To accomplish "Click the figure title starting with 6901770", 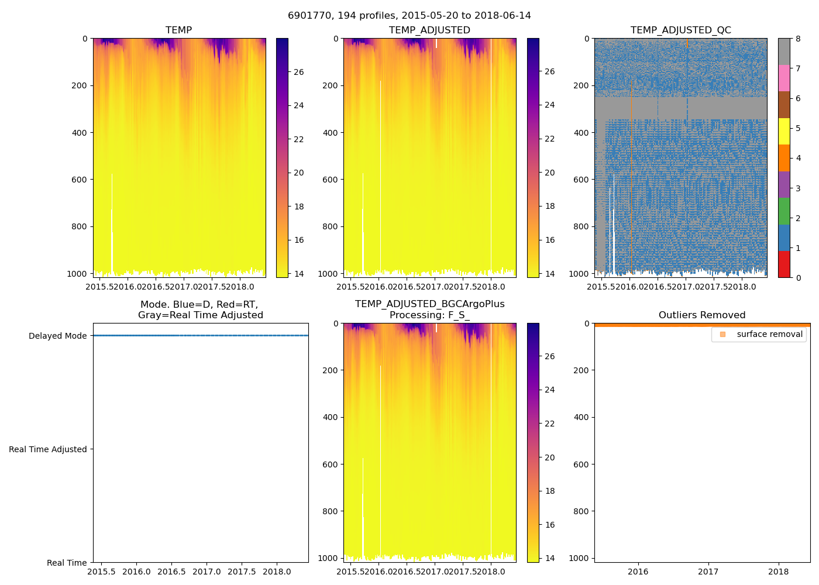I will coord(409,16).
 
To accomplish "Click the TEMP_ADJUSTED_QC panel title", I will coord(680,30).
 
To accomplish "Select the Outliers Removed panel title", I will coord(701,315).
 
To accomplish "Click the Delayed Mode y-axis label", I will coord(57,336).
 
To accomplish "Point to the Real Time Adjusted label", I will coord(47,449).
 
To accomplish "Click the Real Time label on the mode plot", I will coord(67,563).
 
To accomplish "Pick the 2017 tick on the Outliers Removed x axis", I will coord(708,572).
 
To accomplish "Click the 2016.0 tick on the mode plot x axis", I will coord(136,572).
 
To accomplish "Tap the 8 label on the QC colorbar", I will coord(798,39).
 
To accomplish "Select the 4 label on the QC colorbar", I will coord(798,159).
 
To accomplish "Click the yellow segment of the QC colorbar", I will coord(784,131).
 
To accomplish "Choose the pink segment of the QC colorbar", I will coord(784,78).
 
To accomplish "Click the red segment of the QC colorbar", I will coord(784,264).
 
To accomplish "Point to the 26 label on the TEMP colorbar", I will coord(298,72).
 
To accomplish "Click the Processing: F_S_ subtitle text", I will coord(429,315).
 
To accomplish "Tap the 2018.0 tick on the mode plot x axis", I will coord(276,572).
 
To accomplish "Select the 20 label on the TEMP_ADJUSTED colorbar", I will coord(549,173).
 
